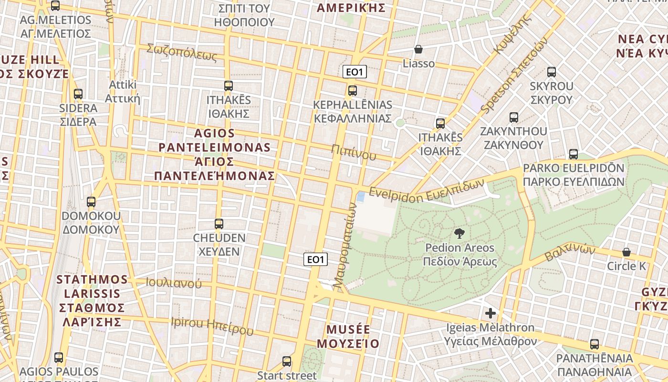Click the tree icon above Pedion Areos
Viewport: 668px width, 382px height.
[x=459, y=233]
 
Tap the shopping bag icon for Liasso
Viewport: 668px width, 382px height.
[x=418, y=49]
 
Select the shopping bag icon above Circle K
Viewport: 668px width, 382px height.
[x=626, y=252]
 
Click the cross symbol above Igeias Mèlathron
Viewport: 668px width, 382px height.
[x=490, y=313]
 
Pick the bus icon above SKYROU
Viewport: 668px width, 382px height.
[x=552, y=72]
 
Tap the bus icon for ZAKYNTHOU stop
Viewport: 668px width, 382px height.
[x=514, y=117]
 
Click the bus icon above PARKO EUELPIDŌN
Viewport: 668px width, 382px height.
[x=574, y=154]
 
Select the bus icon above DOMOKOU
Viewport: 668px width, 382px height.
[x=91, y=202]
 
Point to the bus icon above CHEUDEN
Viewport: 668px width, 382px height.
[x=219, y=223]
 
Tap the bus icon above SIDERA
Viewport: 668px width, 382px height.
[x=78, y=94]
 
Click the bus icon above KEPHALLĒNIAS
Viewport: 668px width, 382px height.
[x=353, y=90]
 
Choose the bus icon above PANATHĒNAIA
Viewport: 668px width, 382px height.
[x=595, y=344]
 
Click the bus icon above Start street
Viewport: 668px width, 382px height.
[x=287, y=361]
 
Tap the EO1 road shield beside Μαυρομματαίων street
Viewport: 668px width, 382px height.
[x=316, y=259]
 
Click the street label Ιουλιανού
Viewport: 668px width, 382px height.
[x=174, y=283]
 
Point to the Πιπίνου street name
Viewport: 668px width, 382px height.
[x=354, y=152]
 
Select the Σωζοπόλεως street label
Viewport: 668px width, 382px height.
[x=182, y=52]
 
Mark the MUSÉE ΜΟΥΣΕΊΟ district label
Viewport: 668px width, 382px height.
[x=348, y=337]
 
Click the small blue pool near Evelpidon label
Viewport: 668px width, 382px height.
[x=361, y=196]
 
